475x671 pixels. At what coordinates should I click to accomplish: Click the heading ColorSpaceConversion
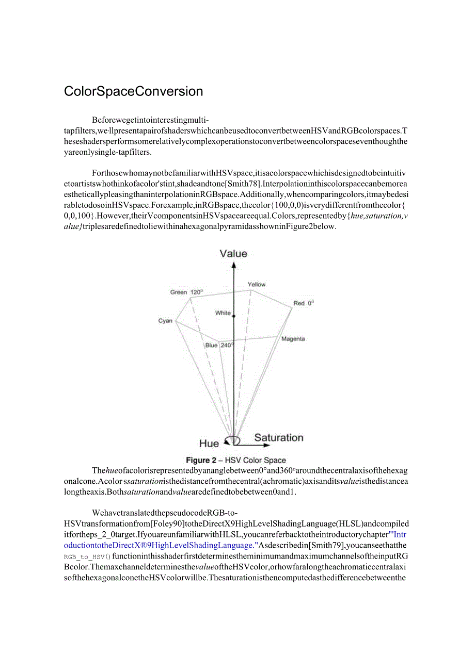click(x=133, y=92)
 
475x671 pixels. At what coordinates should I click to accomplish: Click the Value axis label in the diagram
click(x=233, y=253)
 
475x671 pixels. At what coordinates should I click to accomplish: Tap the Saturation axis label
click(x=278, y=438)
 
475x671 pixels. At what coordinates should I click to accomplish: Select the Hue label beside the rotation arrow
click(x=209, y=444)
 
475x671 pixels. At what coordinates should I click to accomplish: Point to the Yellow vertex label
click(x=257, y=284)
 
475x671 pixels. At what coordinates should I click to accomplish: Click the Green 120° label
click(x=186, y=292)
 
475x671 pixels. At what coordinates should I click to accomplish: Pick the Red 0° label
click(x=304, y=303)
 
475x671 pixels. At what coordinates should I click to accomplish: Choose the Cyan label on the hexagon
click(x=165, y=321)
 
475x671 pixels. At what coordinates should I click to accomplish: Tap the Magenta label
click(x=293, y=339)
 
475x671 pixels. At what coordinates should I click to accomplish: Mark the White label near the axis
click(x=223, y=313)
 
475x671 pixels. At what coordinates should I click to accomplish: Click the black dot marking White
click(x=234, y=316)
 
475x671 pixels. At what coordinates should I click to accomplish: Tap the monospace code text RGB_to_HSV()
click(x=87, y=557)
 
